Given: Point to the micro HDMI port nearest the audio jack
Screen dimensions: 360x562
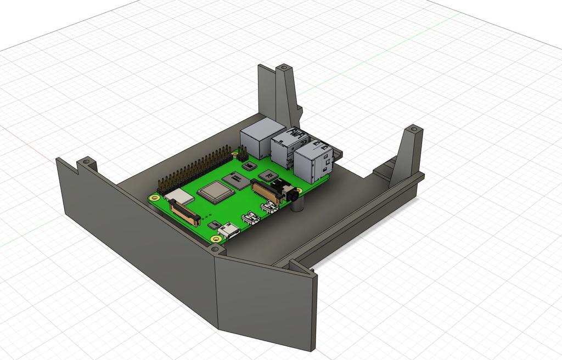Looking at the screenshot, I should [x=269, y=208].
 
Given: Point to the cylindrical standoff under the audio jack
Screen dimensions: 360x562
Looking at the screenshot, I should [x=297, y=206].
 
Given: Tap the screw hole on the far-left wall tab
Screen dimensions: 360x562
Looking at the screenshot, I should [x=86, y=162].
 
